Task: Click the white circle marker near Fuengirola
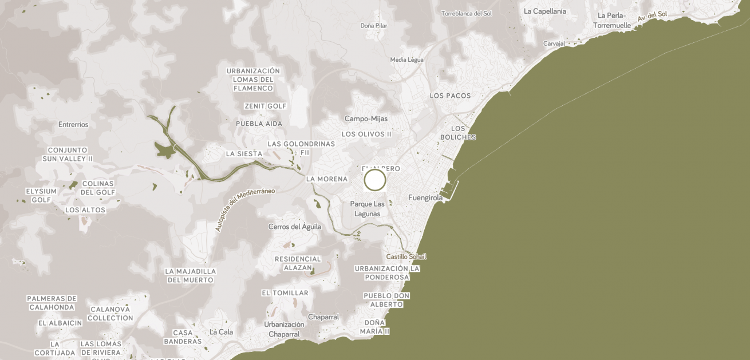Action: [375, 180]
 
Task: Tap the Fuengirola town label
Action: [425, 198]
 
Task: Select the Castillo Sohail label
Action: [406, 257]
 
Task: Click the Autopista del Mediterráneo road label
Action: [244, 209]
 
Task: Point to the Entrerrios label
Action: [73, 125]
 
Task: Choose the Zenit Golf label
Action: [265, 106]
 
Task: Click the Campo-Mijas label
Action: [366, 119]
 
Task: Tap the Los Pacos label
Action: [450, 96]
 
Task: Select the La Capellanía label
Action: [544, 11]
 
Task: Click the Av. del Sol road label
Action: [653, 16]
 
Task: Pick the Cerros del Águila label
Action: [295, 227]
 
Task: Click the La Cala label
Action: [221, 332]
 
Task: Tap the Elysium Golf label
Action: [41, 196]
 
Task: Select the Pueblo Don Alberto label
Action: [386, 300]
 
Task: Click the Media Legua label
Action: [406, 60]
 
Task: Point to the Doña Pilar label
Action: [374, 26]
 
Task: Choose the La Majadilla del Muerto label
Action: [191, 276]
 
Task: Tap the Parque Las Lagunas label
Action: [367, 209]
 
